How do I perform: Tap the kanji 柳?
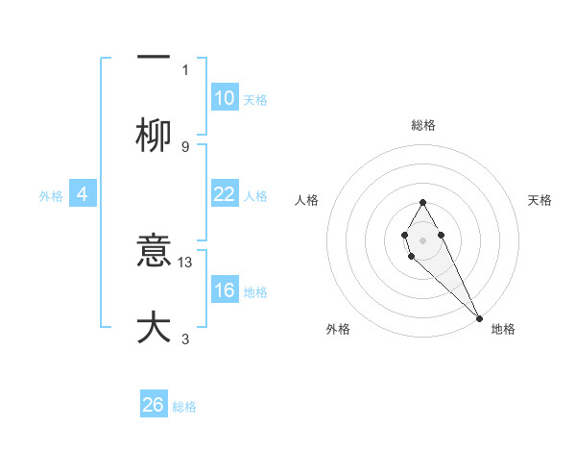tap(154, 136)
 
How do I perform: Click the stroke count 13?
tap(186, 262)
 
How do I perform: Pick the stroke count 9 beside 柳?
tap(185, 146)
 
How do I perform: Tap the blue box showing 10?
tap(224, 98)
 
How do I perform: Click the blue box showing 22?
tap(224, 194)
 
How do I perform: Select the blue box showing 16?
tap(224, 290)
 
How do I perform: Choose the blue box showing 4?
tap(83, 194)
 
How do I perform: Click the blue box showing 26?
tap(154, 405)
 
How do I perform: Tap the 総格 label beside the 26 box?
tap(184, 407)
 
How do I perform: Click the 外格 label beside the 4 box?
tap(51, 196)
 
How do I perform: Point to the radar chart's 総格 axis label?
tap(423, 125)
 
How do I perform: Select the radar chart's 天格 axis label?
tap(540, 200)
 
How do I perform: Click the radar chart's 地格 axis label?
tap(503, 329)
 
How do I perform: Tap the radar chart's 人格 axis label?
tap(307, 200)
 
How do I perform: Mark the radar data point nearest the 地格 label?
tap(479, 317)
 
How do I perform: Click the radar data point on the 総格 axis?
tap(422, 202)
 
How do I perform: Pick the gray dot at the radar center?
tap(422, 239)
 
